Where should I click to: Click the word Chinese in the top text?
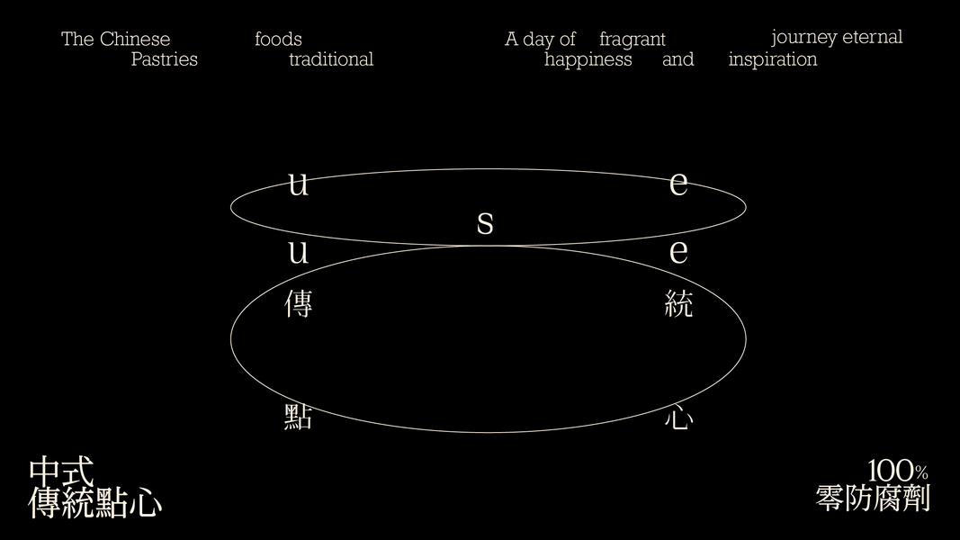[135, 40]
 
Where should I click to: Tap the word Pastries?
[164, 60]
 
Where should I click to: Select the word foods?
[278, 40]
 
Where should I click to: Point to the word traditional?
[331, 60]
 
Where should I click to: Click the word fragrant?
[633, 40]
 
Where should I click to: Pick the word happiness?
[588, 60]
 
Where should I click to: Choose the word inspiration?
[773, 60]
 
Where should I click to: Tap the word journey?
[803, 38]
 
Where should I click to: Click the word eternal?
[872, 37]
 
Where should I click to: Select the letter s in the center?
[485, 222]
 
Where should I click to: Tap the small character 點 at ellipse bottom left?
[299, 417]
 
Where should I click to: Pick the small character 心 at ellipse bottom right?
[678, 417]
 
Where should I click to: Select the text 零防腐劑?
[873, 499]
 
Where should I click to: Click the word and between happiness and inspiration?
[678, 60]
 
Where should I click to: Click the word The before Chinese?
[77, 40]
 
